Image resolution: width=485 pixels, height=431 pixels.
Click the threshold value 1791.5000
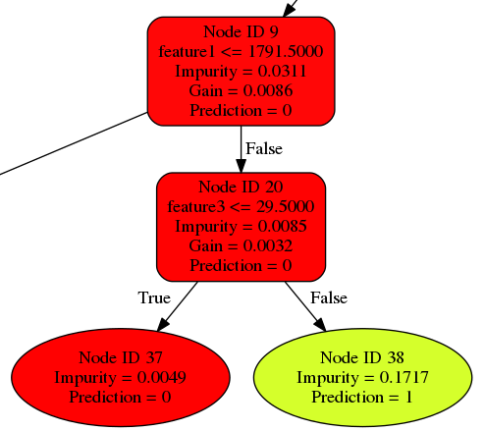286,51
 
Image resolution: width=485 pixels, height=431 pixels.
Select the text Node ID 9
241,31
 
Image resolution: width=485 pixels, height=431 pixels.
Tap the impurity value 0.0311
282,71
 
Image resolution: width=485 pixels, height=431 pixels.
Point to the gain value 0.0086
268,90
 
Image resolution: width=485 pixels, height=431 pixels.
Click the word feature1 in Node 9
187,51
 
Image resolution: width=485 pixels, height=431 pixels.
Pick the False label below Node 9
264,148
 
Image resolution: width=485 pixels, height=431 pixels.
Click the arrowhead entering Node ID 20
241,166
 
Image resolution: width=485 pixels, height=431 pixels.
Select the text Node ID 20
241,187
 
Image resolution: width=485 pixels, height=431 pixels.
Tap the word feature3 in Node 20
196,206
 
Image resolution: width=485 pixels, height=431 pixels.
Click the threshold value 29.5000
286,206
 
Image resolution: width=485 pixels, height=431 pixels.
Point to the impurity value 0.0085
282,226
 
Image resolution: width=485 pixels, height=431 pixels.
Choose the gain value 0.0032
268,245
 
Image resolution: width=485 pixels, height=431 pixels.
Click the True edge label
154,297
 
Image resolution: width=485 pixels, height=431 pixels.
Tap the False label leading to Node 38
329,297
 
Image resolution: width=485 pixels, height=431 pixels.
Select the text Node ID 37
121,357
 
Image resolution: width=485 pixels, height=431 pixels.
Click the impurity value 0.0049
162,377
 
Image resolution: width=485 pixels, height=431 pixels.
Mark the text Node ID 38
362,357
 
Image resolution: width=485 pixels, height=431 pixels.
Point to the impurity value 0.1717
404,377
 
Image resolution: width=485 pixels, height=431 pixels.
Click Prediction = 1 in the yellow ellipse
362,397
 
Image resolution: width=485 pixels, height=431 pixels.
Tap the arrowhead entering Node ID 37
163,325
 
